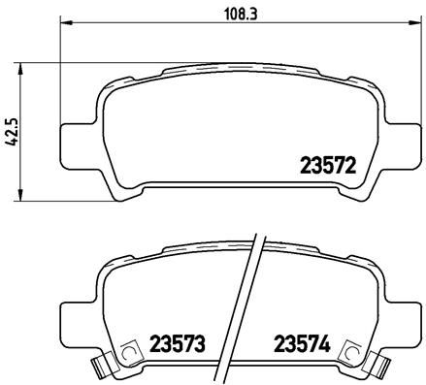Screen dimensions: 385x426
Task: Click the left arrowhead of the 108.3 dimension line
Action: [x=65, y=26]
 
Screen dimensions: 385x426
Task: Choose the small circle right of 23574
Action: [x=353, y=355]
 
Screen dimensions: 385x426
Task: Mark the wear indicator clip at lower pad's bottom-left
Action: [x=97, y=368]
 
